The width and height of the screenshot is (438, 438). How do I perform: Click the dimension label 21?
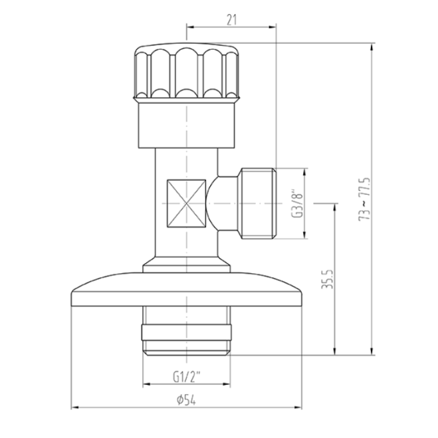coord(231,19)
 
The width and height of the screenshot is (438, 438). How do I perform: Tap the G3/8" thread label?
coord(297,203)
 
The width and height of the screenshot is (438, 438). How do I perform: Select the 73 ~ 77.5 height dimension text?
coord(364,199)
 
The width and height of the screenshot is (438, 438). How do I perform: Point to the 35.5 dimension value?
coord(328,279)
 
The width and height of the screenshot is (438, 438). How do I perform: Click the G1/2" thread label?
coord(187,377)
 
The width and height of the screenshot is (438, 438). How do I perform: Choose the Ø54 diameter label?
coord(186,400)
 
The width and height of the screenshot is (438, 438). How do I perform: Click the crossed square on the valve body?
coord(186,203)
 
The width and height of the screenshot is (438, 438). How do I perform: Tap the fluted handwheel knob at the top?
coord(187,72)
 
